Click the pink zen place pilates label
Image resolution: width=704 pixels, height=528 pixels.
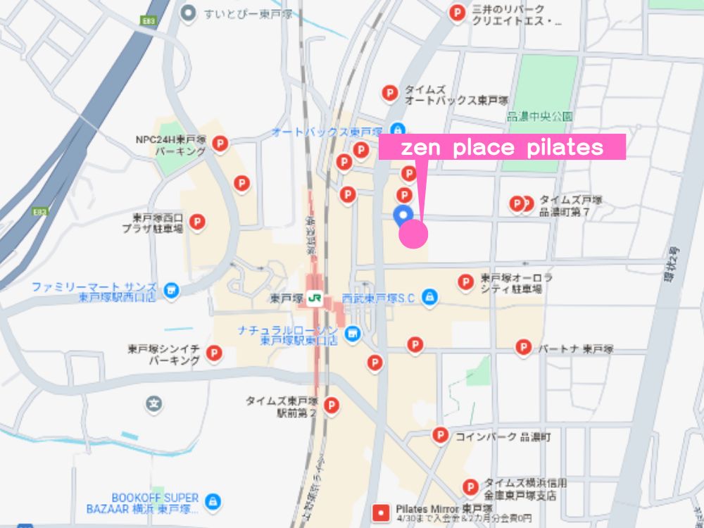[x=502, y=147]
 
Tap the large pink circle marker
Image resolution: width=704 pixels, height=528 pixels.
[x=413, y=234]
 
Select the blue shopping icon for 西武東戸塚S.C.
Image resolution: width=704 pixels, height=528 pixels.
[x=429, y=298]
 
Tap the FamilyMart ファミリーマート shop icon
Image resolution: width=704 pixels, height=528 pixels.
[x=170, y=289]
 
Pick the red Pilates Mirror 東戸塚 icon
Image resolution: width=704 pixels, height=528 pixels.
[x=381, y=511]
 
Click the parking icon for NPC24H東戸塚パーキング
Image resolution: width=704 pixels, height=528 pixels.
[x=220, y=144]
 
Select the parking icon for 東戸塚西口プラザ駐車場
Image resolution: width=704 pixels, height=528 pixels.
[x=198, y=223]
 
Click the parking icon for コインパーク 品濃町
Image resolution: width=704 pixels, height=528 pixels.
[x=441, y=436]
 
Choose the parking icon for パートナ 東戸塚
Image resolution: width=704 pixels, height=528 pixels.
[x=523, y=347]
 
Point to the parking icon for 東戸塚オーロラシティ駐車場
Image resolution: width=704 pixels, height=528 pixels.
[x=465, y=282]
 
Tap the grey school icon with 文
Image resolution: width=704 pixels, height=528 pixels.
[x=153, y=404]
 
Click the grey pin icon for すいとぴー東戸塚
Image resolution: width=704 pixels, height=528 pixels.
[x=187, y=12]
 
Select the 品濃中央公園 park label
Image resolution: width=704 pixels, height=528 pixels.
[x=540, y=117]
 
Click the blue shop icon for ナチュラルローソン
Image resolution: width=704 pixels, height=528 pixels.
[x=353, y=333]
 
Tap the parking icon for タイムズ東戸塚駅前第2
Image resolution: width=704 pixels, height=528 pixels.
[x=330, y=406]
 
